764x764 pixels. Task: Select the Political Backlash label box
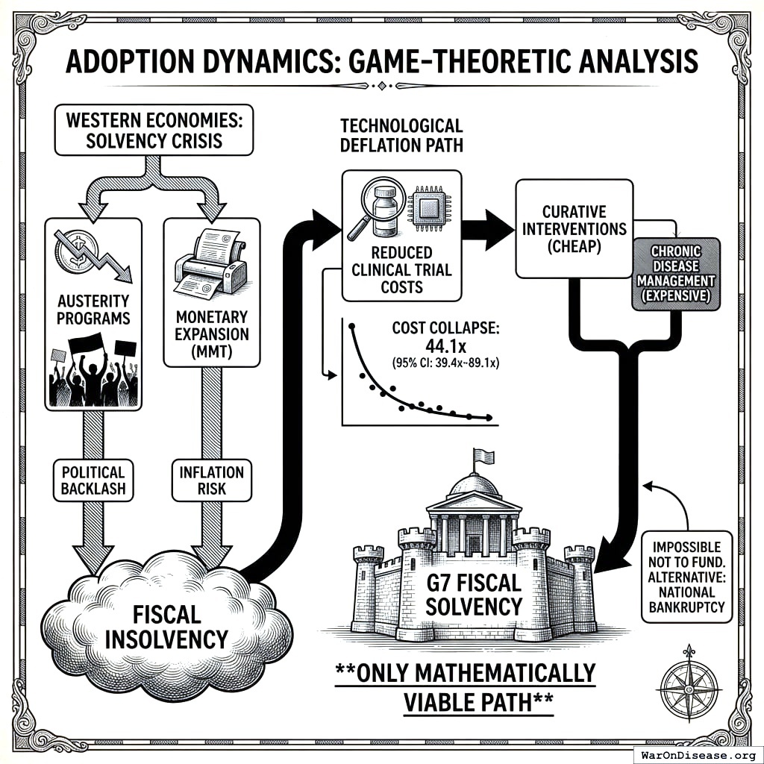[x=93, y=480]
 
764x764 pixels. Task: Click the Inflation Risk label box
[x=212, y=480]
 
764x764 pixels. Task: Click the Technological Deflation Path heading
[x=401, y=135]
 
